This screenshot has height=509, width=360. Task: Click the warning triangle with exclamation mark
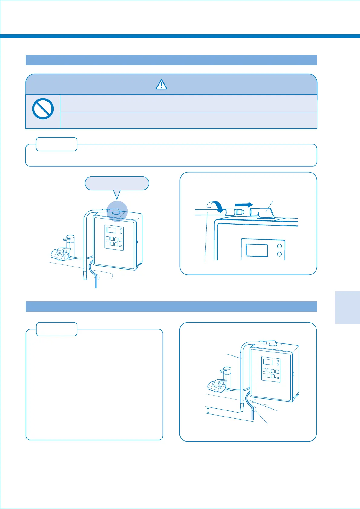tap(162, 85)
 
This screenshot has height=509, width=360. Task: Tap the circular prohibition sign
tap(43, 109)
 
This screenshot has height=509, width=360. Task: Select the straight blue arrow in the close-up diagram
tap(244, 205)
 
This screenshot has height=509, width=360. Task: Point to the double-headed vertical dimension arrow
tap(208, 410)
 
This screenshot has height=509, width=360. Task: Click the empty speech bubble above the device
tap(117, 183)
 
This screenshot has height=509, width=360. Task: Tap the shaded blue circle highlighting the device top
tap(117, 211)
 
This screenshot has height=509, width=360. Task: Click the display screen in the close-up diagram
tap(257, 250)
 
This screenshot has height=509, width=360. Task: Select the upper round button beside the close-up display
tap(280, 246)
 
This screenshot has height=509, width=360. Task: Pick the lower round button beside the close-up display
tap(280, 254)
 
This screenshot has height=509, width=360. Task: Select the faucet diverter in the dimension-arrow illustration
tap(217, 384)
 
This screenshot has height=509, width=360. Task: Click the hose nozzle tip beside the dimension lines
tap(242, 407)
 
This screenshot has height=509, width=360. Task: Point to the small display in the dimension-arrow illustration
tap(268, 362)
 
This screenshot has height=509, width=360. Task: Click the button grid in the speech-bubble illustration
tap(114, 242)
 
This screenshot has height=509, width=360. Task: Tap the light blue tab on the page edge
tap(347, 307)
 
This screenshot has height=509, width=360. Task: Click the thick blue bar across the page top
tap(180, 36)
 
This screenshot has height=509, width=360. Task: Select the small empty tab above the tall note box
tap(57, 329)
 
